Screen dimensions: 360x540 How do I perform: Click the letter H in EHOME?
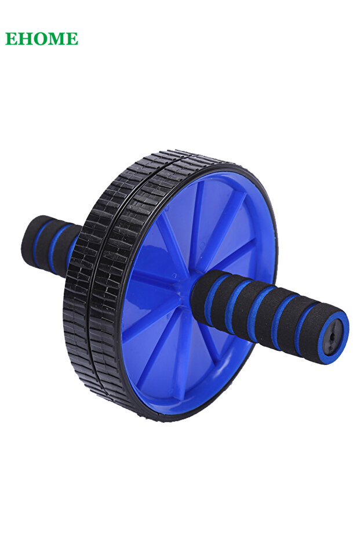click(x=25, y=38)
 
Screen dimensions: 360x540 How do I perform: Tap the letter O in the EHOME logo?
click(x=39, y=38)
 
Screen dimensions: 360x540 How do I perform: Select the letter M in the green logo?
click(x=56, y=38)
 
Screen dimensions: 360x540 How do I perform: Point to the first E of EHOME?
click(x=12, y=38)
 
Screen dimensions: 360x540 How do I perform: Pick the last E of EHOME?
click(x=72, y=38)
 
